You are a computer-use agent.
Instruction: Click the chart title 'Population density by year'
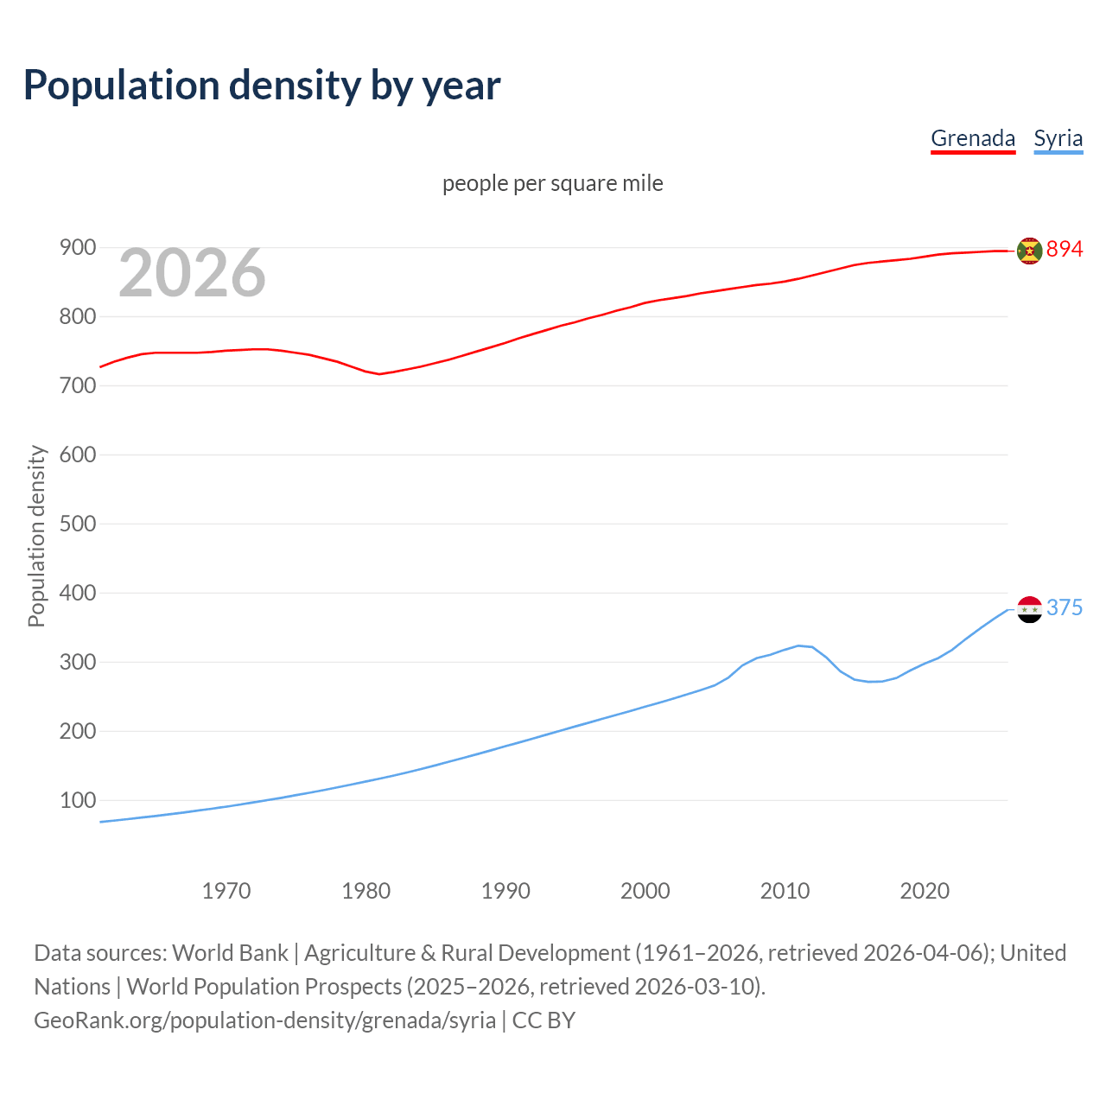pos(262,86)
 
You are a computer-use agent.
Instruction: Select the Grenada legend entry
pos(972,138)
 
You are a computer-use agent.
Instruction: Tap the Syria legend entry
pos(1058,138)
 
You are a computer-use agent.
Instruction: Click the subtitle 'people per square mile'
pos(552,183)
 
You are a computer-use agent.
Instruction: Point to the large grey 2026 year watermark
pos(192,273)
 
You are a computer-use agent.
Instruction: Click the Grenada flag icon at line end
pos(1029,251)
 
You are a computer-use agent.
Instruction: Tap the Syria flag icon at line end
pos(1029,609)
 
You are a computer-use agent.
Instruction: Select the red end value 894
pos(1065,249)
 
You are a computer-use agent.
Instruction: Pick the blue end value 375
pos(1065,607)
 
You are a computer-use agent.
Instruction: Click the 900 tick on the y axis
pos(77,248)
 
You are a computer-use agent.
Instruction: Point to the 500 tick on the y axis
pos(77,524)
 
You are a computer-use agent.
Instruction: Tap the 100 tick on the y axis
pos(77,800)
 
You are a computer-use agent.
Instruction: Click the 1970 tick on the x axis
pos(226,890)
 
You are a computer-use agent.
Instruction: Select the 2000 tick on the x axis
pos(645,890)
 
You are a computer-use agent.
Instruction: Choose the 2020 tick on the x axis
pos(925,890)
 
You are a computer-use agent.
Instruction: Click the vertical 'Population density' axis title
pos(36,536)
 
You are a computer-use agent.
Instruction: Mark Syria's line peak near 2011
pos(798,645)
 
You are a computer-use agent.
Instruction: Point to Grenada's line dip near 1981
pos(379,374)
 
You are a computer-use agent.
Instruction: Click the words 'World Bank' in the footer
pos(230,952)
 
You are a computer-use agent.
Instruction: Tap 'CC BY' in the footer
pos(543,1020)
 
